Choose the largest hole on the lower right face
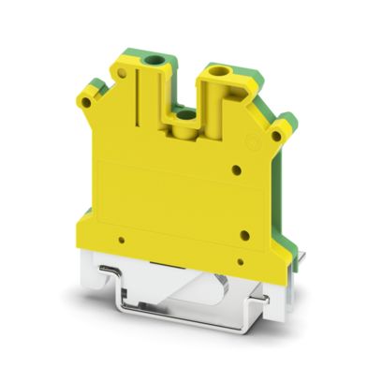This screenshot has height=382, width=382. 243,236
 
